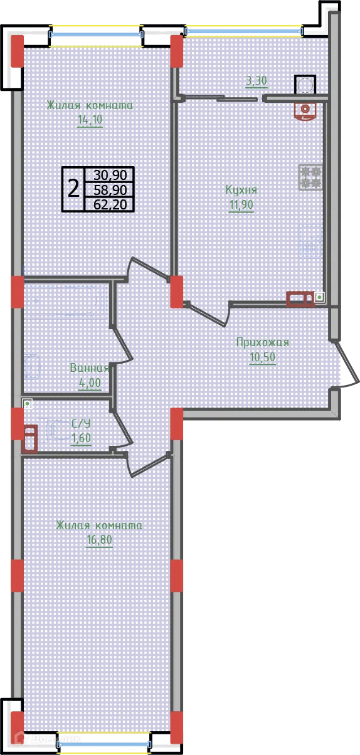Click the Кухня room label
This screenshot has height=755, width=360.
click(241, 189)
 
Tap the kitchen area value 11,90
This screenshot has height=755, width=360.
click(241, 206)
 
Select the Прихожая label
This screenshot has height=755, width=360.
click(262, 342)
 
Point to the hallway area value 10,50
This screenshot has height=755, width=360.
click(262, 357)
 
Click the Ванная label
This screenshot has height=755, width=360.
click(90, 368)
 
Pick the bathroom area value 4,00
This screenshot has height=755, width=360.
click(90, 383)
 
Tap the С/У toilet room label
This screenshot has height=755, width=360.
click(81, 423)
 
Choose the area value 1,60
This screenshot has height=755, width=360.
click(81, 438)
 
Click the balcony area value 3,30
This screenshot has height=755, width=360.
click(257, 80)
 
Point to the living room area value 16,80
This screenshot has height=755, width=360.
click(99, 540)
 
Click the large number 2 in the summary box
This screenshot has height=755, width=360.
click(73, 187)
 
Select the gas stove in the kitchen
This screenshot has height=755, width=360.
click(310, 176)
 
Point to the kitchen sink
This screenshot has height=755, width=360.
click(310, 241)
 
